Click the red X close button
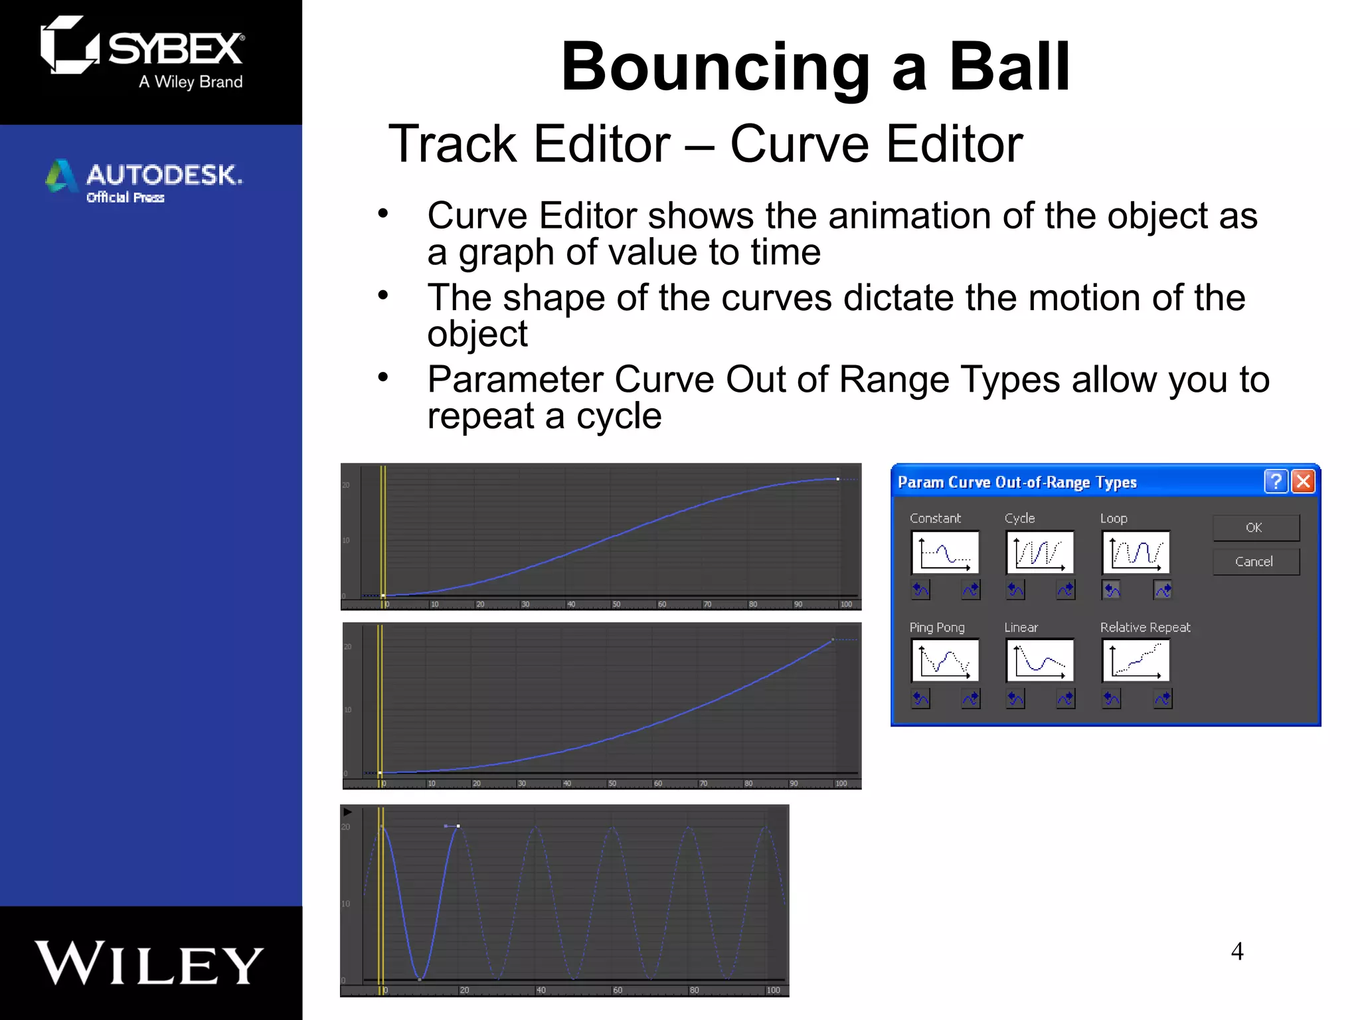(x=1304, y=481)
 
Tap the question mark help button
(x=1276, y=481)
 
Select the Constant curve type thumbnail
(x=945, y=552)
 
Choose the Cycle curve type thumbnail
(x=1040, y=552)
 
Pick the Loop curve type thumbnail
(x=1136, y=552)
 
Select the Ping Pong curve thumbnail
(x=945, y=661)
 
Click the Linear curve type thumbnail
(x=1040, y=661)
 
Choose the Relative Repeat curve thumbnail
(x=1136, y=661)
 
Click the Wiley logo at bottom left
(x=149, y=963)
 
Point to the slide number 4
(x=1237, y=952)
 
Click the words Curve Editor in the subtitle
(x=877, y=144)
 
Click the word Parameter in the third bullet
(x=515, y=381)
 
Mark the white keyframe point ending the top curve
(x=838, y=479)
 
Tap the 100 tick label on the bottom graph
(x=774, y=990)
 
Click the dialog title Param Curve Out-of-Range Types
(x=1017, y=482)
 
